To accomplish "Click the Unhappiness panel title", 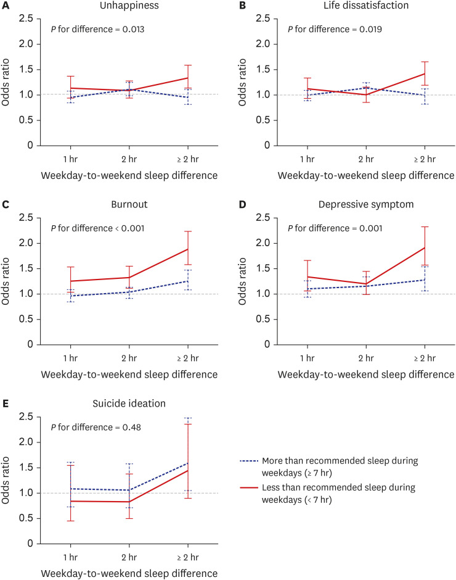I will [129, 7].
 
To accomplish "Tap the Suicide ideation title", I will [129, 405].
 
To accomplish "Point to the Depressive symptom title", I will [365, 205].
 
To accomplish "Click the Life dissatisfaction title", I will [365, 7].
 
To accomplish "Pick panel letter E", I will [5, 405].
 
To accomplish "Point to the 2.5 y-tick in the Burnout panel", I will [28, 218].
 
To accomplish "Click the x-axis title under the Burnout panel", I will [129, 374].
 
